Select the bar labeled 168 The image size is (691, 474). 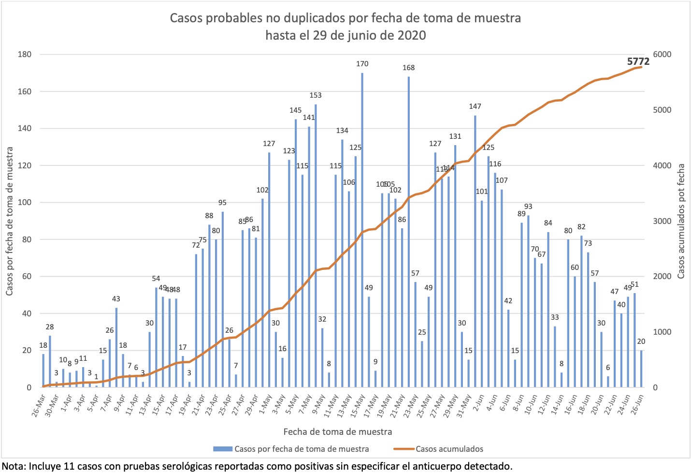click(409, 232)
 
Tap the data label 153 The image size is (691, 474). click(316, 95)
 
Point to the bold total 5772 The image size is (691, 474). click(638, 61)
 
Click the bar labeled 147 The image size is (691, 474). click(475, 252)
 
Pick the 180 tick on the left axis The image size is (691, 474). click(25, 54)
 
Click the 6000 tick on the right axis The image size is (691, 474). click(662, 54)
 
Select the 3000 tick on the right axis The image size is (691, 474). click(662, 221)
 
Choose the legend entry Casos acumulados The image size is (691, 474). click(449, 449)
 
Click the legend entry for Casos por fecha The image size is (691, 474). click(302, 449)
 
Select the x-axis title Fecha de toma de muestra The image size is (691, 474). click(337, 431)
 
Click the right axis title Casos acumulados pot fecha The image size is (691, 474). click(681, 221)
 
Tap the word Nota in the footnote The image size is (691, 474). click(14, 467)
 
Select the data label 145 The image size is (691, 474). click(295, 110)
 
